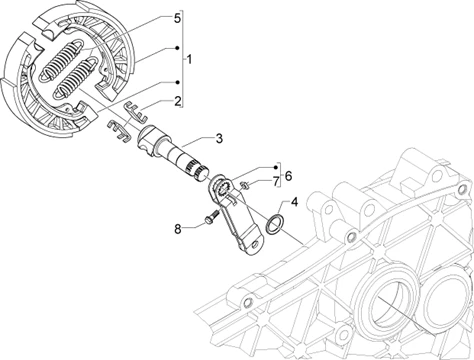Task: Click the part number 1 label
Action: (x=189, y=60)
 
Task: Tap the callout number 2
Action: (x=178, y=101)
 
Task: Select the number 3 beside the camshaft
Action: (x=219, y=138)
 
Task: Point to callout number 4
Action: (x=294, y=202)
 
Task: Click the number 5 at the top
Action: (x=178, y=18)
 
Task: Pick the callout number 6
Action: (x=288, y=176)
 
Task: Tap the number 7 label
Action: (x=275, y=182)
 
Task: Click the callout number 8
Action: (x=178, y=229)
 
